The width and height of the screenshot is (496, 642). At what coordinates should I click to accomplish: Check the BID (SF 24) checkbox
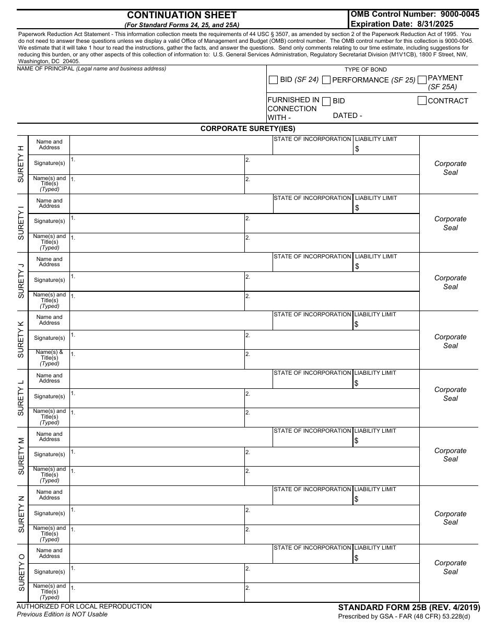tap(273, 80)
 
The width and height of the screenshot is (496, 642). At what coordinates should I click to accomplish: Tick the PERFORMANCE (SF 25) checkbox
tap(326, 80)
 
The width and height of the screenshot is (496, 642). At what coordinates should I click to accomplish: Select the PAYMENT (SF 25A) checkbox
tap(422, 80)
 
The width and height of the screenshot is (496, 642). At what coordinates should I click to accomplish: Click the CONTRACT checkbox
tap(422, 101)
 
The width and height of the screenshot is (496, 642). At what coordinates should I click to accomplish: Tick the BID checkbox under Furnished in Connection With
tap(326, 101)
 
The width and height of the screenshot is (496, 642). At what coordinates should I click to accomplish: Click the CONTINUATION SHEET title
tap(182, 15)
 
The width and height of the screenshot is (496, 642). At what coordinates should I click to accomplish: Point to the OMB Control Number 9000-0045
tap(415, 15)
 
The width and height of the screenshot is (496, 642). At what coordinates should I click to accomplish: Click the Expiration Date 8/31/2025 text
tap(402, 24)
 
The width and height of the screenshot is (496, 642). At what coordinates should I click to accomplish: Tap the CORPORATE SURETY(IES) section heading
tap(247, 129)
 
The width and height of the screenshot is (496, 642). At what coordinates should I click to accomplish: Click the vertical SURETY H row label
tap(21, 164)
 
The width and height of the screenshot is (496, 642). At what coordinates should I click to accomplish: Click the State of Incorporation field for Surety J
tap(312, 266)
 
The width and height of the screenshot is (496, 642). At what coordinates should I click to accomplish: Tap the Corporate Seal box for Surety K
tap(450, 341)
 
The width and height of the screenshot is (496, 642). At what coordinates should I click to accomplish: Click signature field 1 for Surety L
tap(157, 398)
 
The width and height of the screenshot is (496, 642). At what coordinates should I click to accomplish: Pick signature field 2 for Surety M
tap(332, 457)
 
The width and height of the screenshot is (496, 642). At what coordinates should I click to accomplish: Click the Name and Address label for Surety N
tap(50, 495)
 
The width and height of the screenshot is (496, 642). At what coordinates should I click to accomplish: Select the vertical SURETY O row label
tap(21, 573)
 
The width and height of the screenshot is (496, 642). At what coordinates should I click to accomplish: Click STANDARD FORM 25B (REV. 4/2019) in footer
tap(409, 608)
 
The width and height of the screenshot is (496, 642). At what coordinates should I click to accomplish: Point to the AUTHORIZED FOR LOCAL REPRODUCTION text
tap(84, 607)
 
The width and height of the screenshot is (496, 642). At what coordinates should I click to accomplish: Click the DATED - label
tap(347, 115)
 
